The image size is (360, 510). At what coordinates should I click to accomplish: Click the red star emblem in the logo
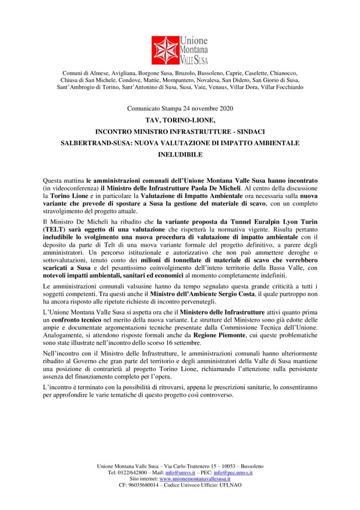(165, 50)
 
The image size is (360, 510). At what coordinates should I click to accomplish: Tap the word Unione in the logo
(194, 40)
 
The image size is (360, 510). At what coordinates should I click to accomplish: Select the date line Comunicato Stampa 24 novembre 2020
(179, 109)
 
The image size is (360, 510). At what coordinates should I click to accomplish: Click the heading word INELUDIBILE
(180, 156)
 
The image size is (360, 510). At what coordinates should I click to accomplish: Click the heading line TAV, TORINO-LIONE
(179, 121)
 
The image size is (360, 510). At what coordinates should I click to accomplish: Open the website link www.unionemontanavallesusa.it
(195, 479)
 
